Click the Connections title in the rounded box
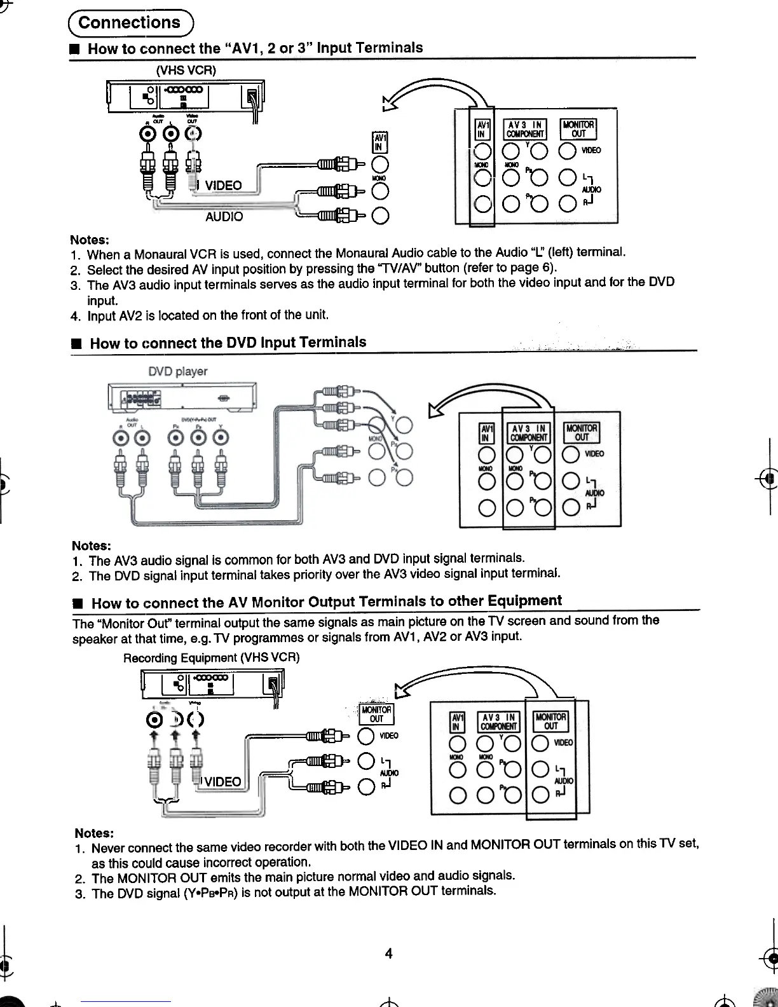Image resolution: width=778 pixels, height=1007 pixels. pyautogui.click(x=130, y=23)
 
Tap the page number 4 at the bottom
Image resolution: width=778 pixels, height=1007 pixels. pyautogui.click(x=388, y=953)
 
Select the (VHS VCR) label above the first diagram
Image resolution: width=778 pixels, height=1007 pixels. pyautogui.click(x=186, y=70)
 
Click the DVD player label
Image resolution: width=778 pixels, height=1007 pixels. pyautogui.click(x=177, y=371)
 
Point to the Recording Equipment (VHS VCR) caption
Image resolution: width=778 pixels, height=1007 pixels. pyautogui.click(x=211, y=657)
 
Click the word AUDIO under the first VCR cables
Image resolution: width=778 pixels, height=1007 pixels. pyautogui.click(x=224, y=217)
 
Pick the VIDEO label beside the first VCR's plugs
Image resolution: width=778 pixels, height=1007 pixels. pyautogui.click(x=223, y=186)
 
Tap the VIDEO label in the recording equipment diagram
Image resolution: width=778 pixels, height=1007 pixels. pyautogui.click(x=222, y=781)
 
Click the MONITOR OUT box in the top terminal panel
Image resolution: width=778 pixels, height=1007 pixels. pyautogui.click(x=578, y=130)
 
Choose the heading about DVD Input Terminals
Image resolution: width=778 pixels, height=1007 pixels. pyautogui.click(x=228, y=343)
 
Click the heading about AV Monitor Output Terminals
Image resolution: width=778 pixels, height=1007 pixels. pyautogui.click(x=326, y=601)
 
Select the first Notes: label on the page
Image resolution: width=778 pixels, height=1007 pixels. pyautogui.click(x=90, y=240)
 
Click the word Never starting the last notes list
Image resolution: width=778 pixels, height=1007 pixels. pyautogui.click(x=108, y=848)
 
